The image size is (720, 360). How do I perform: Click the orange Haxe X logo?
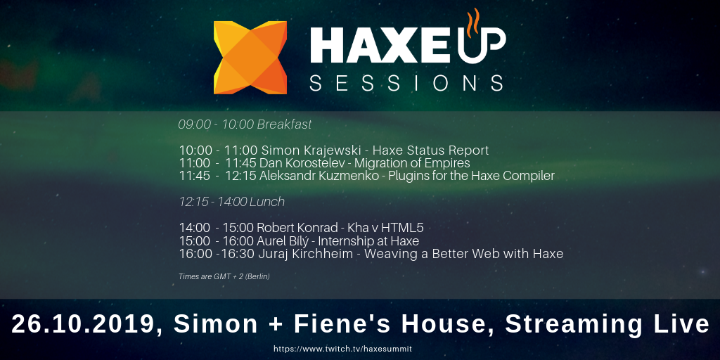(250, 58)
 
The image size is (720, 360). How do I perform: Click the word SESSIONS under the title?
(406, 83)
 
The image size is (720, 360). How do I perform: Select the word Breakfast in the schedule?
(284, 124)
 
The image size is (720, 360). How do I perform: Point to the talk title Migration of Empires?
(412, 163)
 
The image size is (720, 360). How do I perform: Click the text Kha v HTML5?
(386, 228)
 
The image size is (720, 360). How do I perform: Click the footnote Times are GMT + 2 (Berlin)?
(224, 276)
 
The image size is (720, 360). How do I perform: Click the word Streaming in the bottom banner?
(574, 325)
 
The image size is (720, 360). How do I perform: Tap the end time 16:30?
(238, 253)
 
